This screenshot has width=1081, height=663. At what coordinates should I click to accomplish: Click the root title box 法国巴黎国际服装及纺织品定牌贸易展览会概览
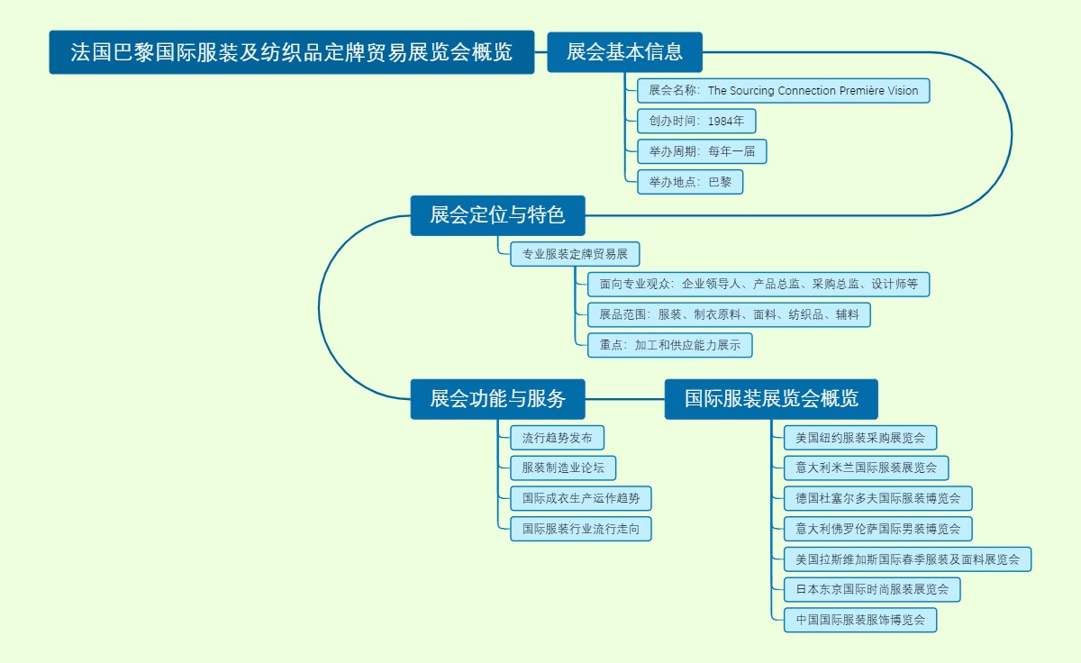291,52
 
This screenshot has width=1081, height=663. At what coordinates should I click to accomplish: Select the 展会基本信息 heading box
624,52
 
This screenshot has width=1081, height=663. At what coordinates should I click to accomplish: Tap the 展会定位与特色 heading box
497,215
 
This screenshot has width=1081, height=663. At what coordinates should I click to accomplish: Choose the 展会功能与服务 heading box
497,399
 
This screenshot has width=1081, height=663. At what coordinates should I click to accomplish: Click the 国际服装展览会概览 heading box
771,399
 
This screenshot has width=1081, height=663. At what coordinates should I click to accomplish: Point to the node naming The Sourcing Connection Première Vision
783,91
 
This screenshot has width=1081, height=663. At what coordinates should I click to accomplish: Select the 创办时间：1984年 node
696,122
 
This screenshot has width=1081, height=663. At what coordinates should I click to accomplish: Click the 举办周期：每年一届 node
702,151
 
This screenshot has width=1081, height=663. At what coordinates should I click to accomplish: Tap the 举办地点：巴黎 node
690,182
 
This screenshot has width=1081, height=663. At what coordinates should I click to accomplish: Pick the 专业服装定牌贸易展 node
575,255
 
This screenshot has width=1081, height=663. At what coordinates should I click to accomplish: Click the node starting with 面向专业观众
759,285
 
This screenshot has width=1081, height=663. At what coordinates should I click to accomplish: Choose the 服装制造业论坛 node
563,468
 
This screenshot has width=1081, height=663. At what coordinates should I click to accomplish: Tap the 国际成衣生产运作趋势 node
580,498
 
